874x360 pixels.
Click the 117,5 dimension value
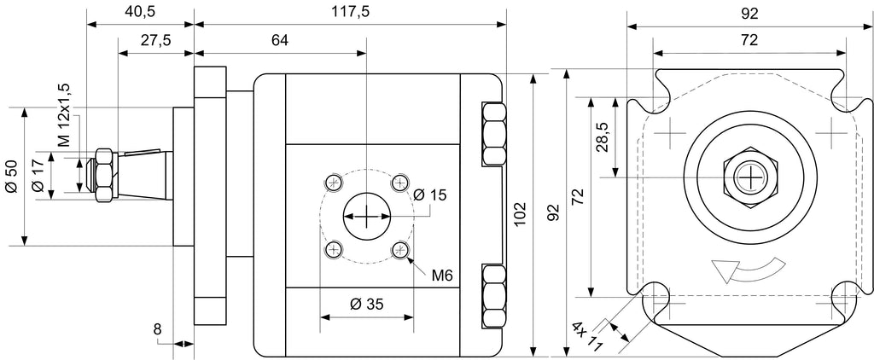352,11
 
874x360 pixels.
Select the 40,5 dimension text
139,12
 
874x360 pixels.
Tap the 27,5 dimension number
155,41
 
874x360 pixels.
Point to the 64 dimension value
280,40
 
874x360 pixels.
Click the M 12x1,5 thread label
65,115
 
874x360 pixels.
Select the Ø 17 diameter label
38,176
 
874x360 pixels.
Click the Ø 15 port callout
430,195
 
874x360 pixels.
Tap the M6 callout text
441,275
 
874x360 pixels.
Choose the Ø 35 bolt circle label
367,304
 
